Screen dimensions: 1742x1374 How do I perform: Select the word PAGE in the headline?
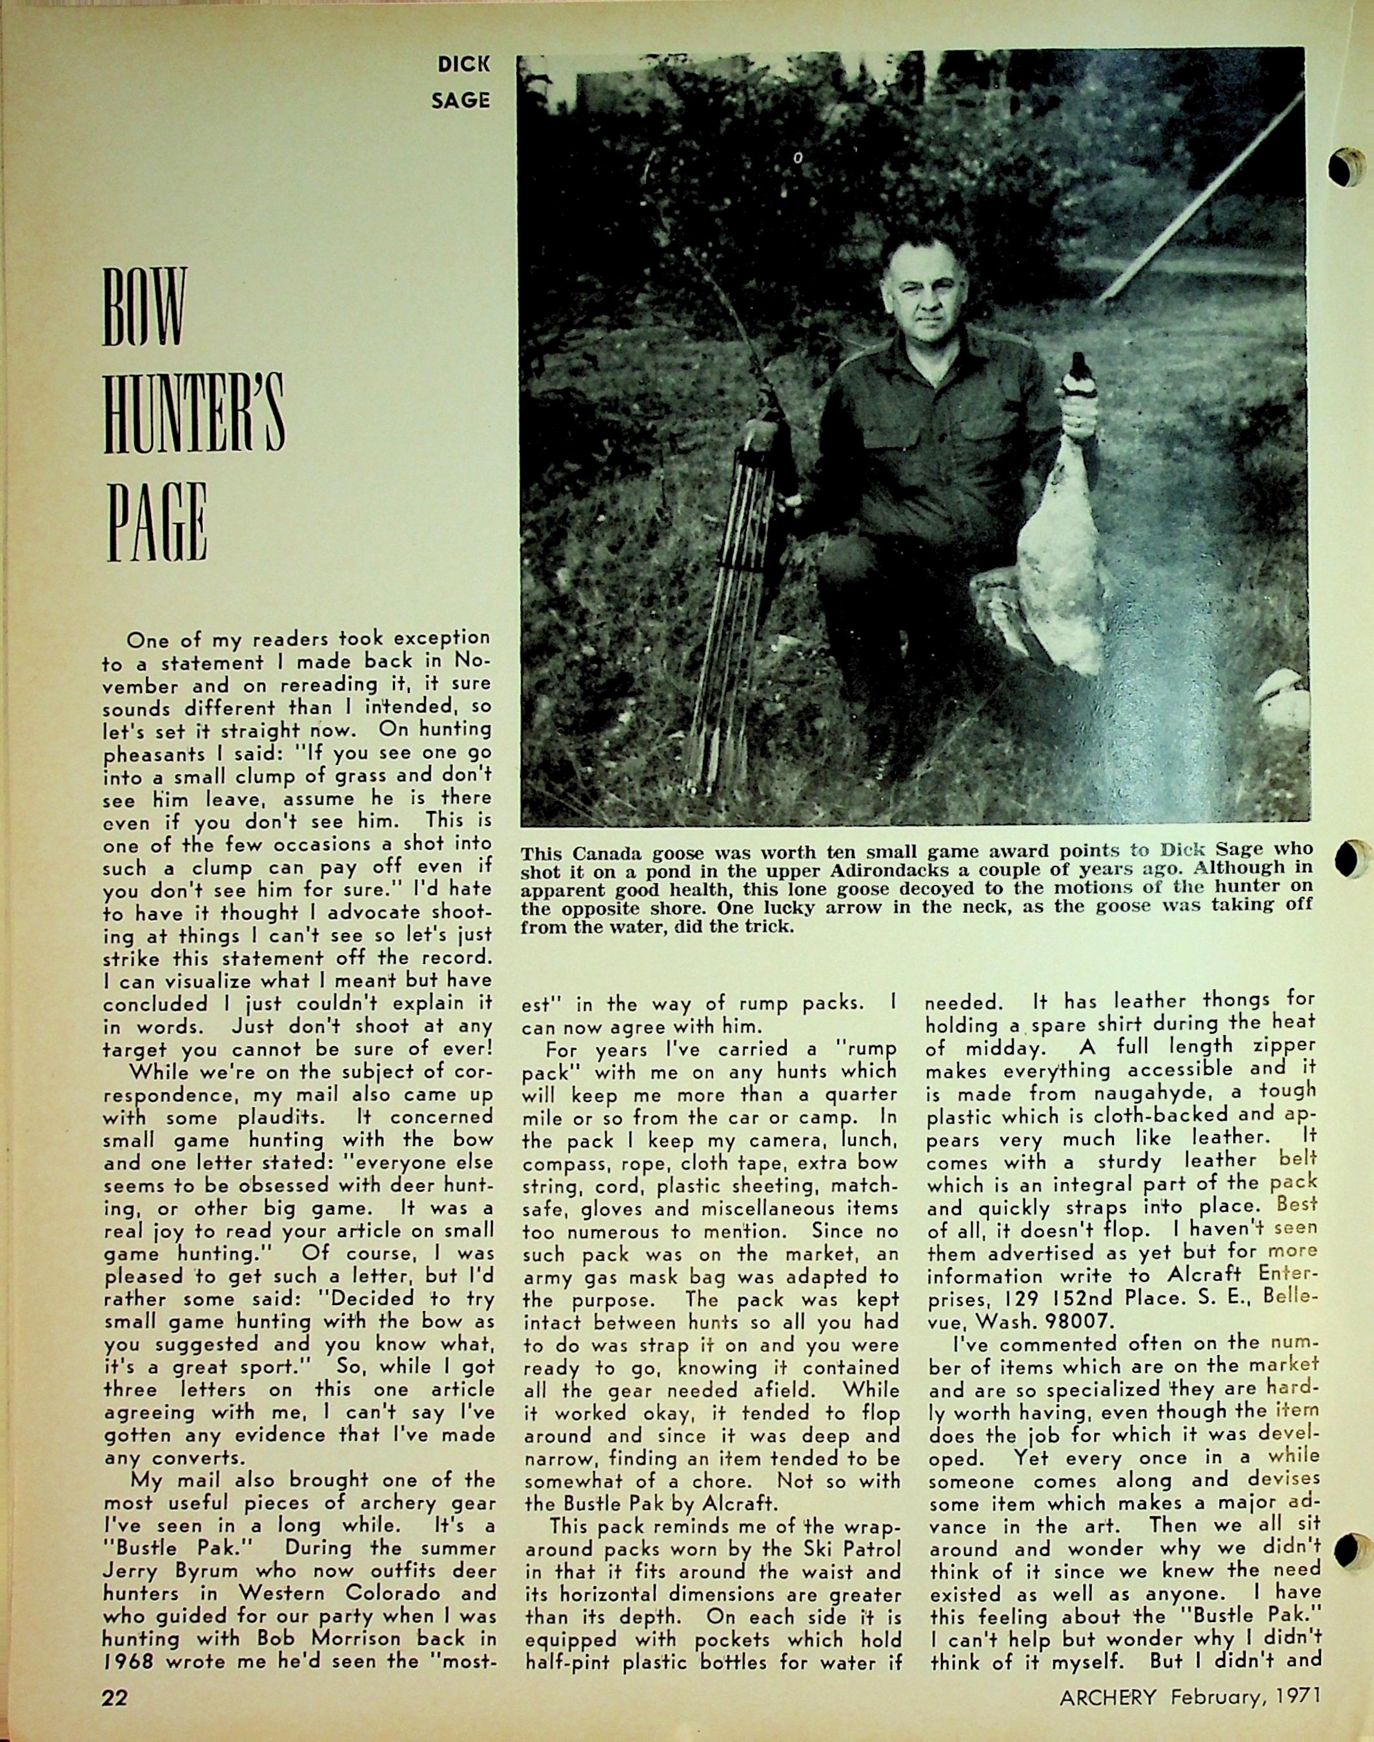156,523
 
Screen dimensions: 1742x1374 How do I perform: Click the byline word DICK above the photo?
463,66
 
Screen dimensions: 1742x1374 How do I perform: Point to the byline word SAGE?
461,101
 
